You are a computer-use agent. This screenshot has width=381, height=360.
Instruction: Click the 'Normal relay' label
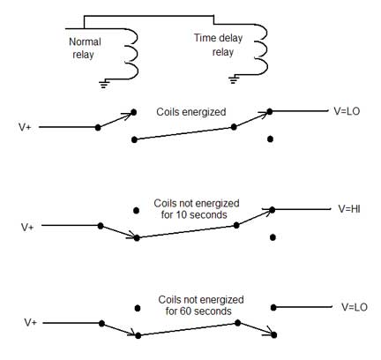[85, 48]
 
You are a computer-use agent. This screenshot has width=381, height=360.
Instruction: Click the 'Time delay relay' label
[218, 45]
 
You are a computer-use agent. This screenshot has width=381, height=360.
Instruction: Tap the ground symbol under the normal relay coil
[104, 84]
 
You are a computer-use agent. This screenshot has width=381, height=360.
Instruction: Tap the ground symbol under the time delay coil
[234, 79]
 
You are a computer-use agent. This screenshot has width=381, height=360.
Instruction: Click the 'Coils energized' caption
[191, 112]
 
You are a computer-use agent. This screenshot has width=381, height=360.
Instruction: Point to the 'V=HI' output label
[349, 209]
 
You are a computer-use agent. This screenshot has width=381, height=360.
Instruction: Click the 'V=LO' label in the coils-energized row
[347, 111]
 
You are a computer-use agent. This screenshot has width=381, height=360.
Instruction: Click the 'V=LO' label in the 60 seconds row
[355, 307]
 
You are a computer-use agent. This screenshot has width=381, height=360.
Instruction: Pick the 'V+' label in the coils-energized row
[25, 127]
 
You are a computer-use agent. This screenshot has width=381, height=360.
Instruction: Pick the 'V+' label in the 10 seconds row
[27, 227]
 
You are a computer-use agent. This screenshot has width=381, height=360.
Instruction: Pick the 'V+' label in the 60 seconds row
[30, 323]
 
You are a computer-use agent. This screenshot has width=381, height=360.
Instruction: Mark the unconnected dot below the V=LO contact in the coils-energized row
[270, 139]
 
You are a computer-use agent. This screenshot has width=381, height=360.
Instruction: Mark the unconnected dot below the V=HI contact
[273, 237]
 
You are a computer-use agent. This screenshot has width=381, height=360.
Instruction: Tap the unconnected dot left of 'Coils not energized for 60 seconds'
[138, 308]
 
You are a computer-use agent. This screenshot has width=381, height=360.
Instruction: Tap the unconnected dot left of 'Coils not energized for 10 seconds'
[136, 211]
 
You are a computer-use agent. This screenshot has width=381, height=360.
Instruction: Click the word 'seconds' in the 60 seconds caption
[213, 311]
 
